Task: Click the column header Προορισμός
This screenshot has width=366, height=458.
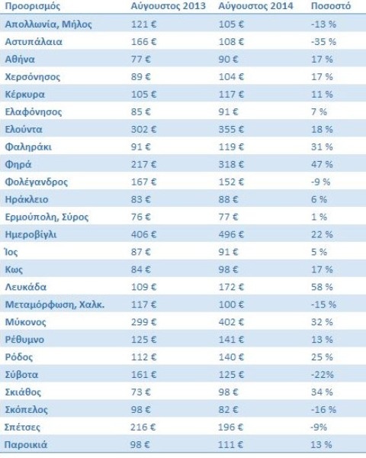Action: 33,6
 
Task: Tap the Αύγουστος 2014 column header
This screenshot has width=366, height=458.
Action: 255,6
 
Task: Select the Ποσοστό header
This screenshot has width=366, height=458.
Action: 331,6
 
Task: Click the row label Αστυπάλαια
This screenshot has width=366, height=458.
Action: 34,42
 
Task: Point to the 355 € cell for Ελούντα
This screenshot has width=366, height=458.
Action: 231,130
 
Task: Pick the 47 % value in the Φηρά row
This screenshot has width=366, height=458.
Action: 322,164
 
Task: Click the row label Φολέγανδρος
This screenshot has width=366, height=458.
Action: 37,182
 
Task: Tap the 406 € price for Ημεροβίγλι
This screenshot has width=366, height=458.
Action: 143,234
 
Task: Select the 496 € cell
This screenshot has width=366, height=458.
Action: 231,234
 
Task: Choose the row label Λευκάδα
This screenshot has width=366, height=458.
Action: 26,287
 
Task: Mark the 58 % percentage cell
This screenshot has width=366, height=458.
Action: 322,287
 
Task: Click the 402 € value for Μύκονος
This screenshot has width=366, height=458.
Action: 231,322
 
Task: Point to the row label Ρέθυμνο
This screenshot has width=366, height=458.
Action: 24,340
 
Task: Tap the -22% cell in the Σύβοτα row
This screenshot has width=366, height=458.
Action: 323,375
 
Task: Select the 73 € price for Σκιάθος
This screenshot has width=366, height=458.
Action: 140,392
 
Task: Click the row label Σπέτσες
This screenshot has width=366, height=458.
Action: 22,427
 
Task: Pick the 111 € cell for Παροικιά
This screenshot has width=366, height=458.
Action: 230,445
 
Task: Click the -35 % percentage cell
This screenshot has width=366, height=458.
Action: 323,42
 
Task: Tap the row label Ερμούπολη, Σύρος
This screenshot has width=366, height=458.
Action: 47,218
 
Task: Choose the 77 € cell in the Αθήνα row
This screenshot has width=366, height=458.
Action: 140,60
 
